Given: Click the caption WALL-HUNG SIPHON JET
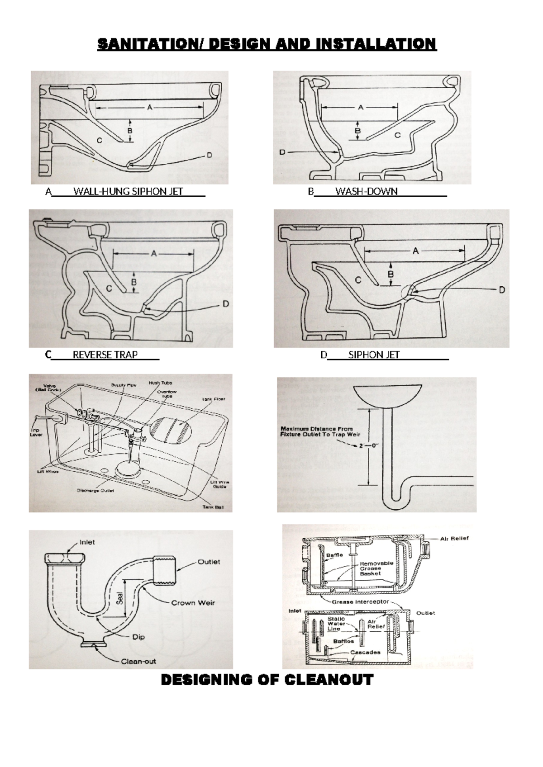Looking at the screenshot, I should click(128, 191).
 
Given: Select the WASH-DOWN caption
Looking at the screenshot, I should click(366, 191).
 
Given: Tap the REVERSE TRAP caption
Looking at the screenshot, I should click(105, 355).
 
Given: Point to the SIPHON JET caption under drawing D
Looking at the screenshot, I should click(374, 355).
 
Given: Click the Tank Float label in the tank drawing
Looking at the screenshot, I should click(214, 399).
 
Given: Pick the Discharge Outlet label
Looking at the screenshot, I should click(95, 490).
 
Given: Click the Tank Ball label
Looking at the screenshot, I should click(213, 507).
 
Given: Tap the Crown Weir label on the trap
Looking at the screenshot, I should click(193, 602).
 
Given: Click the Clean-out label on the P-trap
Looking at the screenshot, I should click(138, 661).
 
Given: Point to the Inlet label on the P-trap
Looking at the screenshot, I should click(87, 542).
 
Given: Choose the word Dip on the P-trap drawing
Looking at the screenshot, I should click(138, 637).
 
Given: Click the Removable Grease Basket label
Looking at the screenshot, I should click(376, 568).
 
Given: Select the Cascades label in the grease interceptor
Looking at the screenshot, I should click(365, 652).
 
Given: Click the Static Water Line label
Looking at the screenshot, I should click(336, 624).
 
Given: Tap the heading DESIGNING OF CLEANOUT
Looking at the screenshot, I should click(267, 680).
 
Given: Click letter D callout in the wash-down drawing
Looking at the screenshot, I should click(282, 152).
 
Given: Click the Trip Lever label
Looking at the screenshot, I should click(36, 432).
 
